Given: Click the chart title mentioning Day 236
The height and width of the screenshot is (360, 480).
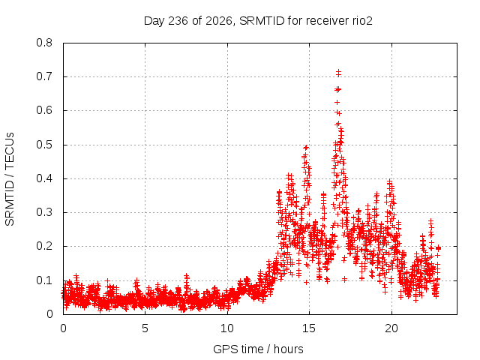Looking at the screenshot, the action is [x=258, y=21].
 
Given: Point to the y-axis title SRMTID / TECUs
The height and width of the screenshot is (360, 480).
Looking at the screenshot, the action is [x=10, y=179].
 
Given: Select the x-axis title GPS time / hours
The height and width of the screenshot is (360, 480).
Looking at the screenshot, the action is [x=258, y=349].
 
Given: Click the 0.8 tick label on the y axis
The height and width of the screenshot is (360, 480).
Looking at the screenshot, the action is [x=44, y=43].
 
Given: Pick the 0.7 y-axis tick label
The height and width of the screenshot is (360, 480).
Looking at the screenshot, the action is [x=44, y=76].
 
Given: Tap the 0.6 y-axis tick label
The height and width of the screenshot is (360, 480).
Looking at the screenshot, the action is [x=44, y=110].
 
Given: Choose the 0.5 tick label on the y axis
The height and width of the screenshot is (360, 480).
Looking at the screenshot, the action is [x=44, y=145].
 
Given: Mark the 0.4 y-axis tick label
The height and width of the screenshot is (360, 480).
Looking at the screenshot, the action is [x=44, y=178].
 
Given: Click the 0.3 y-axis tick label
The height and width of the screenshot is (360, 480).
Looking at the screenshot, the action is [x=44, y=212].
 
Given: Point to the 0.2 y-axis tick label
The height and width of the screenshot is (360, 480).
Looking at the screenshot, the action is [x=44, y=246].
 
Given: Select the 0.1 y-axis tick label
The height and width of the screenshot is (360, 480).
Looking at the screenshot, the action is [x=44, y=280].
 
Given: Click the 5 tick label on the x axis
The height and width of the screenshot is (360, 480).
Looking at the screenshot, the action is [x=145, y=328].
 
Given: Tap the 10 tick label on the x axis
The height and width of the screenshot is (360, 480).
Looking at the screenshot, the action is [x=227, y=328].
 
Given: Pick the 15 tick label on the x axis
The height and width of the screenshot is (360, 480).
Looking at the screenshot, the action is [x=309, y=328].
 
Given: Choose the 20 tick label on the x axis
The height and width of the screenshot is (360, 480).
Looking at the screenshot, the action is [x=391, y=328].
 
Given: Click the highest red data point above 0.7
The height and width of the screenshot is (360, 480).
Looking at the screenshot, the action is [x=338, y=72].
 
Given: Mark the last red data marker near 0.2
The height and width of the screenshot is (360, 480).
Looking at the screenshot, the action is [x=438, y=248].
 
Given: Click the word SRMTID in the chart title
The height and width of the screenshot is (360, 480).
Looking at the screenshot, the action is [x=262, y=21].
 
